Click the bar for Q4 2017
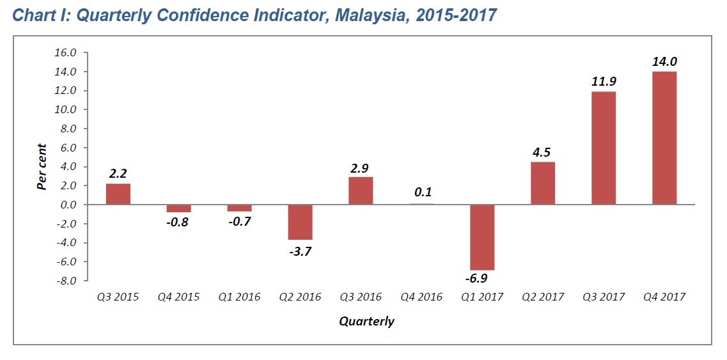(x=664, y=138)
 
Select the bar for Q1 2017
(x=482, y=237)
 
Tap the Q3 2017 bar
(x=604, y=148)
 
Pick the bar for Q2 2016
(x=300, y=222)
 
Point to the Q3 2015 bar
(x=118, y=194)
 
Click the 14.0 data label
(x=664, y=62)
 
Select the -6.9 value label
(x=482, y=280)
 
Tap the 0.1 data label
(x=421, y=192)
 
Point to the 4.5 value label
(x=543, y=152)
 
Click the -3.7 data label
(x=300, y=251)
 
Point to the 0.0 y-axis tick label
(x=66, y=205)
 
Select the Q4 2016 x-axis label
(x=421, y=297)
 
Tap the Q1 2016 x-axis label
(x=239, y=297)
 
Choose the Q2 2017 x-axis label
(x=543, y=297)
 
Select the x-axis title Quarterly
(x=366, y=321)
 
